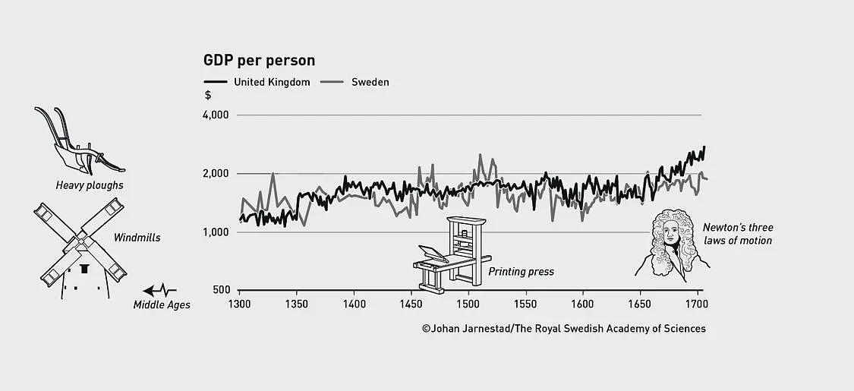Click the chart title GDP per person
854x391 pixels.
pyautogui.click(x=260, y=60)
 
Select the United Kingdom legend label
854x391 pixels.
pyautogui.click(x=272, y=82)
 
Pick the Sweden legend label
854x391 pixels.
pyautogui.click(x=370, y=82)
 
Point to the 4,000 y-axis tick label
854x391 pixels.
pyautogui.click(x=216, y=115)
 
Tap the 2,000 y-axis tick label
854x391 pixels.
pyautogui.click(x=216, y=174)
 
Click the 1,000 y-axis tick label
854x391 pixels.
pyautogui.click(x=216, y=232)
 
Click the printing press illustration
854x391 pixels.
pyautogui.click(x=452, y=254)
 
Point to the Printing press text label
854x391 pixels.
pyautogui.click(x=521, y=271)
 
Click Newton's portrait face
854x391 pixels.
pyautogui.click(x=672, y=235)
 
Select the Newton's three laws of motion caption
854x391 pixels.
pyautogui.click(x=737, y=234)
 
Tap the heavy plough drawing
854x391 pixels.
pyautogui.click(x=80, y=140)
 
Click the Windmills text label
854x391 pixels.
pyautogui.click(x=137, y=238)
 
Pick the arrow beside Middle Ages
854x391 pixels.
pyautogui.click(x=159, y=290)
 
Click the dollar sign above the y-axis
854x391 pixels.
pyautogui.click(x=207, y=95)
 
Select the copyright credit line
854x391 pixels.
pyautogui.click(x=564, y=329)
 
